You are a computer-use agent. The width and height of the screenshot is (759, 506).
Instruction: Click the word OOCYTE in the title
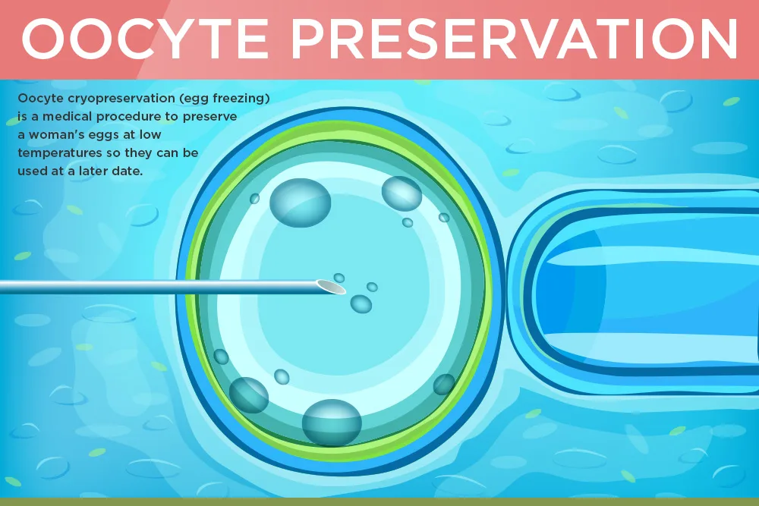(145, 38)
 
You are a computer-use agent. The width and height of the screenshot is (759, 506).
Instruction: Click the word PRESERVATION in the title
(514, 38)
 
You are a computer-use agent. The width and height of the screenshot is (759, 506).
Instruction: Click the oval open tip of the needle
(331, 286)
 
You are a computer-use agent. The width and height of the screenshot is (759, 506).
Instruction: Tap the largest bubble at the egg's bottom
(332, 423)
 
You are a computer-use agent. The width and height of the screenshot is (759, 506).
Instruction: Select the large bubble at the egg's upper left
(300, 203)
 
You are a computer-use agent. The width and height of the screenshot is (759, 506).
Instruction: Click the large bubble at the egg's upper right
(402, 193)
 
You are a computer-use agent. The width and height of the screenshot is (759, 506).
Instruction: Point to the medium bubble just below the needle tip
(361, 303)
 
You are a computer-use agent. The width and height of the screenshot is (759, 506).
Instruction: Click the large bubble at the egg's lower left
(249, 394)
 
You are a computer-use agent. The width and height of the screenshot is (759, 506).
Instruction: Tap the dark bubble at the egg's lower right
(444, 384)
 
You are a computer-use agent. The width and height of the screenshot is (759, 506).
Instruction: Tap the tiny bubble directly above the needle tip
(339, 278)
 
